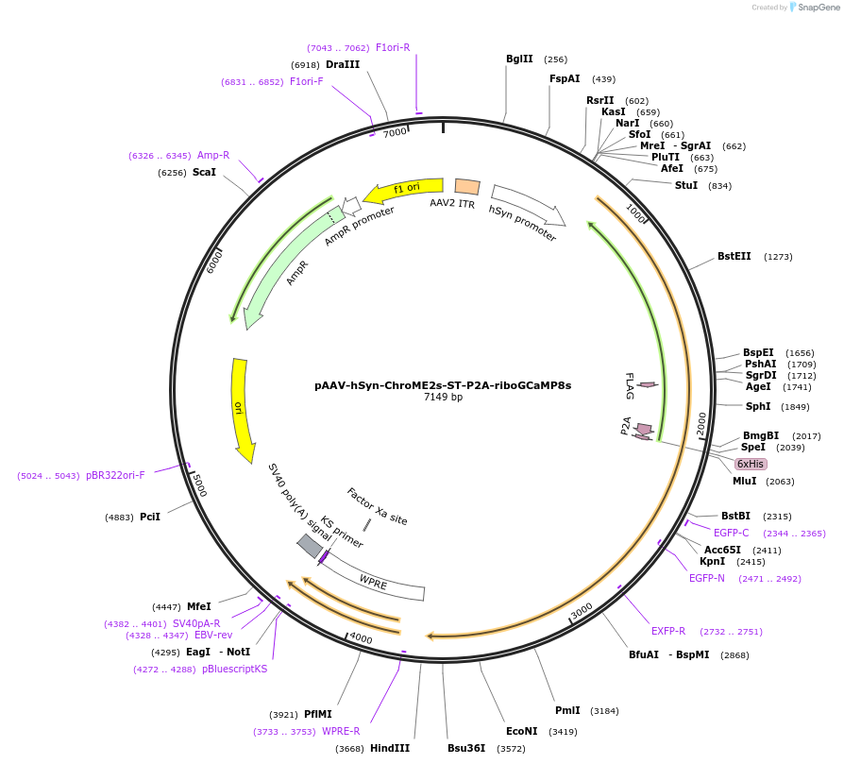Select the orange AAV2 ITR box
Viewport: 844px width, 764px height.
coord(467,187)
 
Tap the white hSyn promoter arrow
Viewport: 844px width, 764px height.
coord(528,205)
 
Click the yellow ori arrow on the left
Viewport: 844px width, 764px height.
coord(242,409)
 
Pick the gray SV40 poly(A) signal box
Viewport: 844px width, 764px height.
coord(310,546)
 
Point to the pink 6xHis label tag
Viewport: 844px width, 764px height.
coord(751,464)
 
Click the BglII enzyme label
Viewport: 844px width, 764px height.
coord(519,59)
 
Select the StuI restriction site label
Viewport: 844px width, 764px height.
coord(686,185)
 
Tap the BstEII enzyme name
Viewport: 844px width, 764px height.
coord(734,256)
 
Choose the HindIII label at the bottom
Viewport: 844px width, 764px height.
coord(390,748)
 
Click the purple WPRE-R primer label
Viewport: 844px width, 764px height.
coord(341,731)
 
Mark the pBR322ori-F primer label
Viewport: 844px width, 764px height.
coord(115,475)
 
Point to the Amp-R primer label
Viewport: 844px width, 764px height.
coord(213,155)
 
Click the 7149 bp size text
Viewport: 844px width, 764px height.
coord(443,397)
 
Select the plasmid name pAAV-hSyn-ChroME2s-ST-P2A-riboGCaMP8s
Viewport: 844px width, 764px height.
coord(443,385)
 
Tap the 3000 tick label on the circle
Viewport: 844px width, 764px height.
coord(582,611)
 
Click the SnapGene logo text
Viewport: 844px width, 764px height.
coord(819,7)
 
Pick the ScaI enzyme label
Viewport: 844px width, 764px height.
coord(204,172)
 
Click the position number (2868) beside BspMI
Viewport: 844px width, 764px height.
coord(734,655)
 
